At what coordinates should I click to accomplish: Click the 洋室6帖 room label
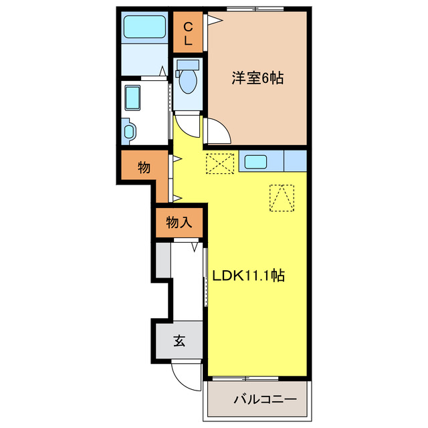point(257,79)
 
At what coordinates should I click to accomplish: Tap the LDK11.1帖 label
point(249,275)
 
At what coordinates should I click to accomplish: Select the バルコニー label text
point(265,400)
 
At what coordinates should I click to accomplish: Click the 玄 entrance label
point(180,341)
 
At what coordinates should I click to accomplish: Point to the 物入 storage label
point(179,223)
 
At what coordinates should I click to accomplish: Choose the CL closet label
point(189,33)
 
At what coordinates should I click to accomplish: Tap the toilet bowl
point(188,82)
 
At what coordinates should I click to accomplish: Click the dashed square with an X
point(220,163)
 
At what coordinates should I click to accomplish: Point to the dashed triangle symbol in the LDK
point(282,197)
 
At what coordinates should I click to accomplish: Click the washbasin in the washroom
point(132,99)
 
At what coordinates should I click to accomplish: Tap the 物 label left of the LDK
point(144,167)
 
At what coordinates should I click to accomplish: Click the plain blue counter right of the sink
point(296,161)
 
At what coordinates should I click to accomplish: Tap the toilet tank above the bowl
point(187,65)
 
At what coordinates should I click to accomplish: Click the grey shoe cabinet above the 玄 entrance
point(163,260)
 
